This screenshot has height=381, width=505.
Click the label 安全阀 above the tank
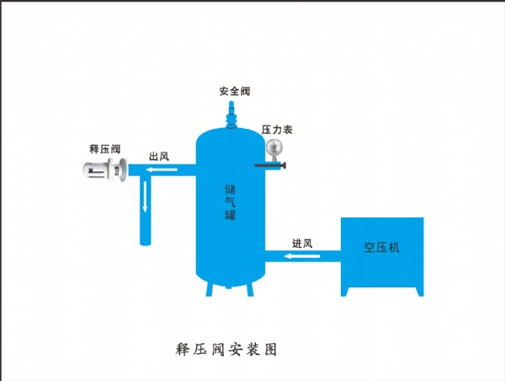pyautogui.click(x=234, y=91)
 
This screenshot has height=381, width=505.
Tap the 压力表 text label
pyautogui.click(x=276, y=130)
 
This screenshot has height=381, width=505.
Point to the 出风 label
pyautogui.click(x=160, y=157)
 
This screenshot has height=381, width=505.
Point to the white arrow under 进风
pyautogui.click(x=302, y=255)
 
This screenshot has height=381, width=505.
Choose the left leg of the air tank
pyautogui.click(x=210, y=289)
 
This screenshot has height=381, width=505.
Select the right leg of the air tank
pyautogui.click(x=250, y=289)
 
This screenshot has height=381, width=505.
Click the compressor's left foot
pyautogui.click(x=347, y=292)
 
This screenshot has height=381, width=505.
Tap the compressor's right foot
pyautogui.click(x=417, y=292)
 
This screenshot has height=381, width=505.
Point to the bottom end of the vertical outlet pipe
pyautogui.click(x=145, y=242)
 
